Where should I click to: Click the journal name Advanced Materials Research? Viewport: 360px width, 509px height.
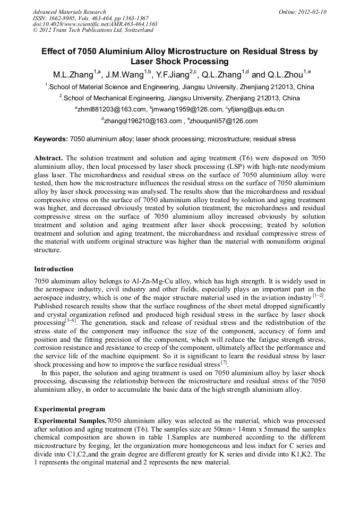(69, 12)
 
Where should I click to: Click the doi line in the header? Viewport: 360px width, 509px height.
(95, 24)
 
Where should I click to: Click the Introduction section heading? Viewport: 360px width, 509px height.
(54, 269)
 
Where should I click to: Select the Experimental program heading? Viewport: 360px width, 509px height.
(70, 409)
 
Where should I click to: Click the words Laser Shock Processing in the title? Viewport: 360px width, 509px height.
(179, 62)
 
